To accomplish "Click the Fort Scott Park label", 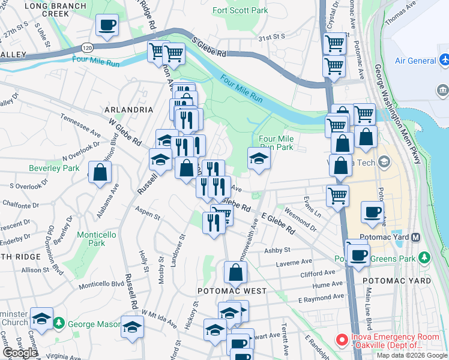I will coord(240,11).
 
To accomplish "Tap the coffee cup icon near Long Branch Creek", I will coord(107,25).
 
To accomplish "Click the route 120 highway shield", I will coord(88,47).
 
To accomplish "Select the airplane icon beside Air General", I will coord(444,61).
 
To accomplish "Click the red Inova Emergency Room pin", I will coord(342,340).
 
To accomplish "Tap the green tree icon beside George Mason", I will coord(59,325).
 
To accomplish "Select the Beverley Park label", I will coord(53,169).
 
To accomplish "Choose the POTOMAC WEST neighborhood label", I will coord(232,290).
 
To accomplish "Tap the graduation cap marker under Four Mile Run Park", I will coord(259,158).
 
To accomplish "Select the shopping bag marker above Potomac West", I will coord(235,272).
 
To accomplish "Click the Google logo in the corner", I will coord(20,353).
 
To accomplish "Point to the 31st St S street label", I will coord(271,37).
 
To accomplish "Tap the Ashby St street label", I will coord(278,250).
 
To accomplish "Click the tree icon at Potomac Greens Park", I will coord(425,257).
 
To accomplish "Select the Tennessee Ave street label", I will coord(83,126).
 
